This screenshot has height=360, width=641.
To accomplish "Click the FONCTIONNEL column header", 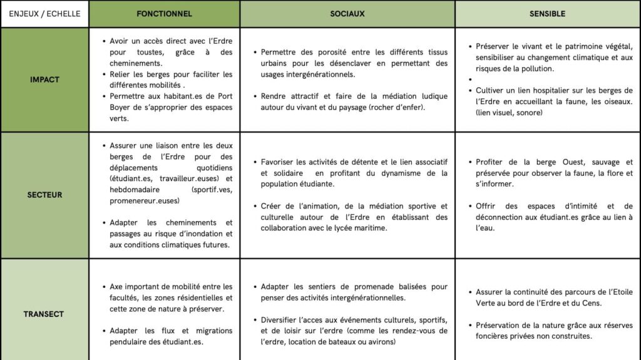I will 164,13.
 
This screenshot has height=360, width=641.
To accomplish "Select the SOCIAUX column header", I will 347,13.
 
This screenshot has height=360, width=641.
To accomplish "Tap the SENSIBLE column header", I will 547,13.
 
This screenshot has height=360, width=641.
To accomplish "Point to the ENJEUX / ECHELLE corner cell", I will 44,13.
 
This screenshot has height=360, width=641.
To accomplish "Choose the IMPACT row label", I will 44,80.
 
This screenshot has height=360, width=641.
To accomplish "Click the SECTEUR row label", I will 44,195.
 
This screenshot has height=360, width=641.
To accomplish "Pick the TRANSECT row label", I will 44,314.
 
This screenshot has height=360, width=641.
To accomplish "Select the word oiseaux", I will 613,101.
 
